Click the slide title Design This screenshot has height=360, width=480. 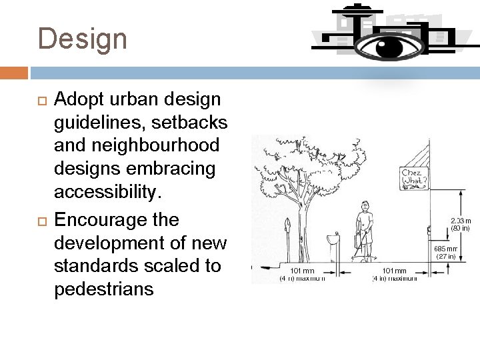(82, 39)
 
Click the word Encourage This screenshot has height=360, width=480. (101, 219)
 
